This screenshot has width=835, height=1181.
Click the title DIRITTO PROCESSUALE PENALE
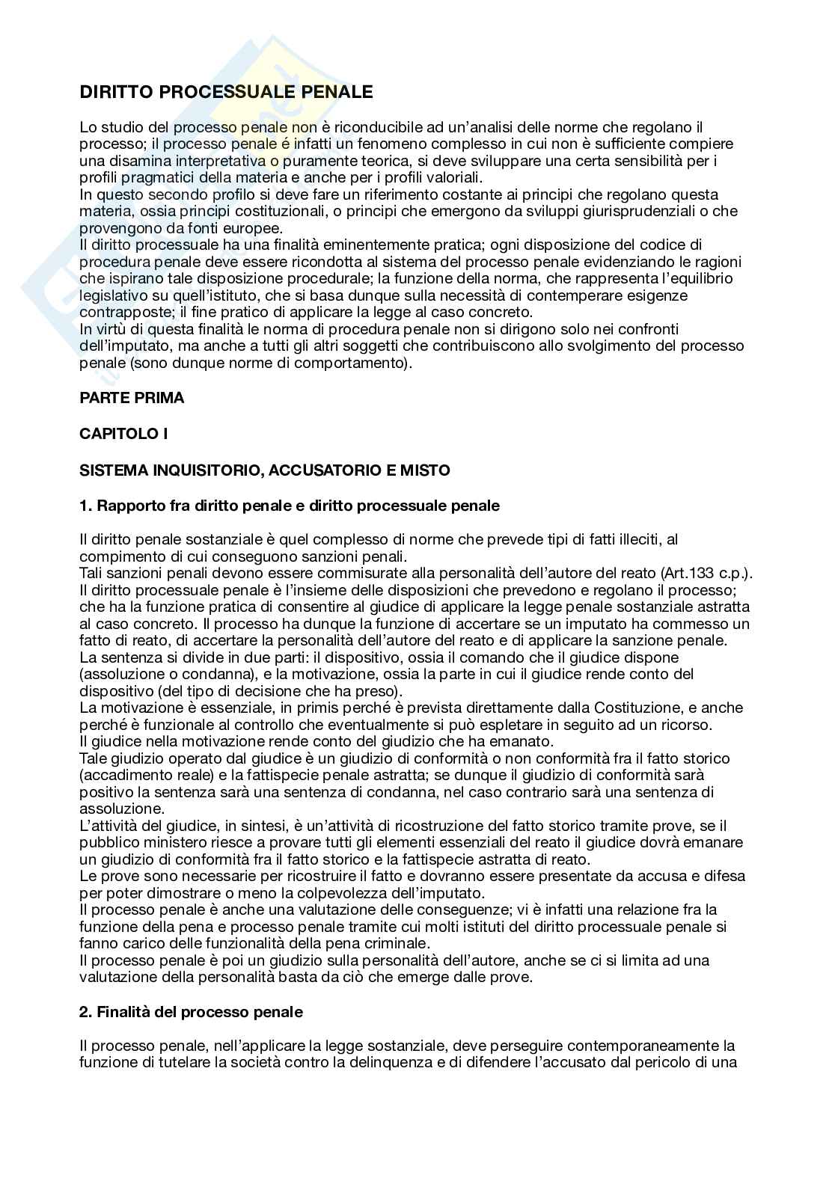click(226, 92)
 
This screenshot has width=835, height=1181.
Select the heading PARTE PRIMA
click(132, 398)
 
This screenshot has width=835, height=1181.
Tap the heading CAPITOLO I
click(123, 433)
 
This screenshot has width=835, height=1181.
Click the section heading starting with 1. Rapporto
click(289, 506)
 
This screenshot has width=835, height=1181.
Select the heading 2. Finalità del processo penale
click(191, 1012)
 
